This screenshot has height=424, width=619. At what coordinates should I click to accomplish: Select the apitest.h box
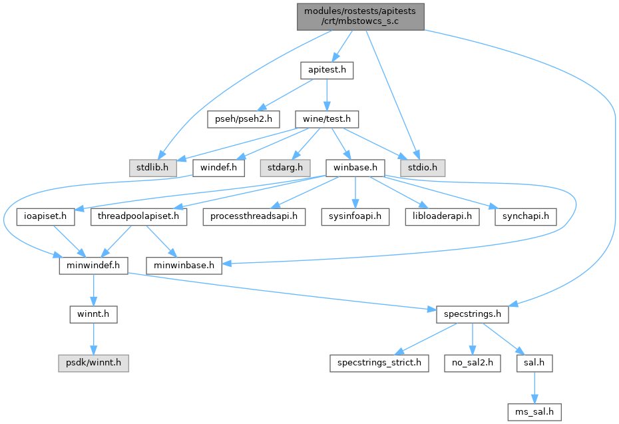pos(327,69)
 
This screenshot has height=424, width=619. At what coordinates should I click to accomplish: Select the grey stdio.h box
pos(421,166)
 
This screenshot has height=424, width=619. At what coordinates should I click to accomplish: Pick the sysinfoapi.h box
pos(356,216)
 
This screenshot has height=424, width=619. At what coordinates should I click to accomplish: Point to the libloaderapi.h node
pos(441,216)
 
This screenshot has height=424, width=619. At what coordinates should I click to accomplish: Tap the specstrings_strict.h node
pos(380,363)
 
